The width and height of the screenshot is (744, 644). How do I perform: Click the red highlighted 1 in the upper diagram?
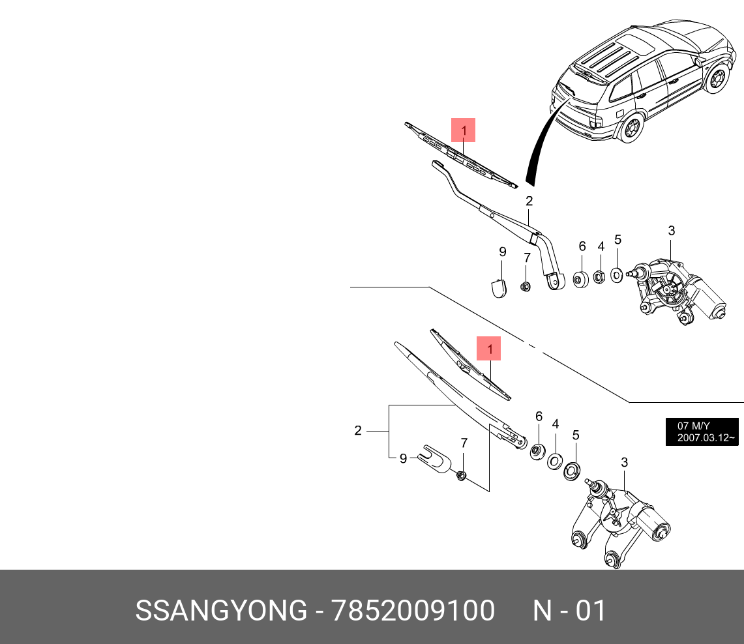pyautogui.click(x=463, y=130)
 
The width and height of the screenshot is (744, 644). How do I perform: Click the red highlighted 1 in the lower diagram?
pyautogui.click(x=488, y=348)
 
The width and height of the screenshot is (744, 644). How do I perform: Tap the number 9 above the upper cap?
pyautogui.click(x=503, y=252)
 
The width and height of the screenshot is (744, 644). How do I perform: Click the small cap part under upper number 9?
pyautogui.click(x=498, y=287)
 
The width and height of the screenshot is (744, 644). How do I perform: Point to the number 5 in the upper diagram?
pyautogui.click(x=618, y=240)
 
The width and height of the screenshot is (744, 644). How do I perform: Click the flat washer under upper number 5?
pyautogui.click(x=617, y=274)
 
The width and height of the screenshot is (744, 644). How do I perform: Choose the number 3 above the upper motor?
pyautogui.click(x=671, y=231)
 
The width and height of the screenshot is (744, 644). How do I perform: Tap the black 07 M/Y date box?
pyautogui.click(x=702, y=432)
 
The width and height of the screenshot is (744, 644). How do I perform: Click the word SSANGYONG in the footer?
pyautogui.click(x=220, y=611)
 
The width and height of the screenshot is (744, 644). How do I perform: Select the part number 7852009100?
pyautogui.click(x=413, y=611)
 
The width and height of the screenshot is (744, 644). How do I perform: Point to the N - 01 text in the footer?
pyautogui.click(x=569, y=611)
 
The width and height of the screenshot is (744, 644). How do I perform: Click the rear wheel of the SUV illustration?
pyautogui.click(x=630, y=128)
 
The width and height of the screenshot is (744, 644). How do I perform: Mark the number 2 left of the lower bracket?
pyautogui.click(x=358, y=430)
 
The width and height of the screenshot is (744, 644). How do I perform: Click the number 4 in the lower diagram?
pyautogui.click(x=556, y=424)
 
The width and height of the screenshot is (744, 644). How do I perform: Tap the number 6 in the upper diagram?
pyautogui.click(x=582, y=246)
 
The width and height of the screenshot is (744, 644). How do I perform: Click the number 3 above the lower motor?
pyautogui.click(x=624, y=463)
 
